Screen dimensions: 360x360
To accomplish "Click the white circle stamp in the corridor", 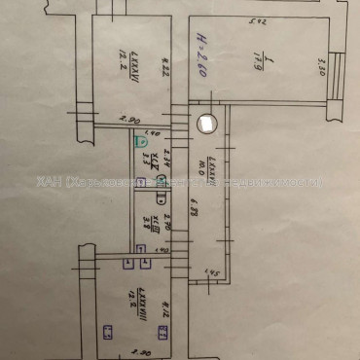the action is coord(204,123).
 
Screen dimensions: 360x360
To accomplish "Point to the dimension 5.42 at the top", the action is coord(258,17).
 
